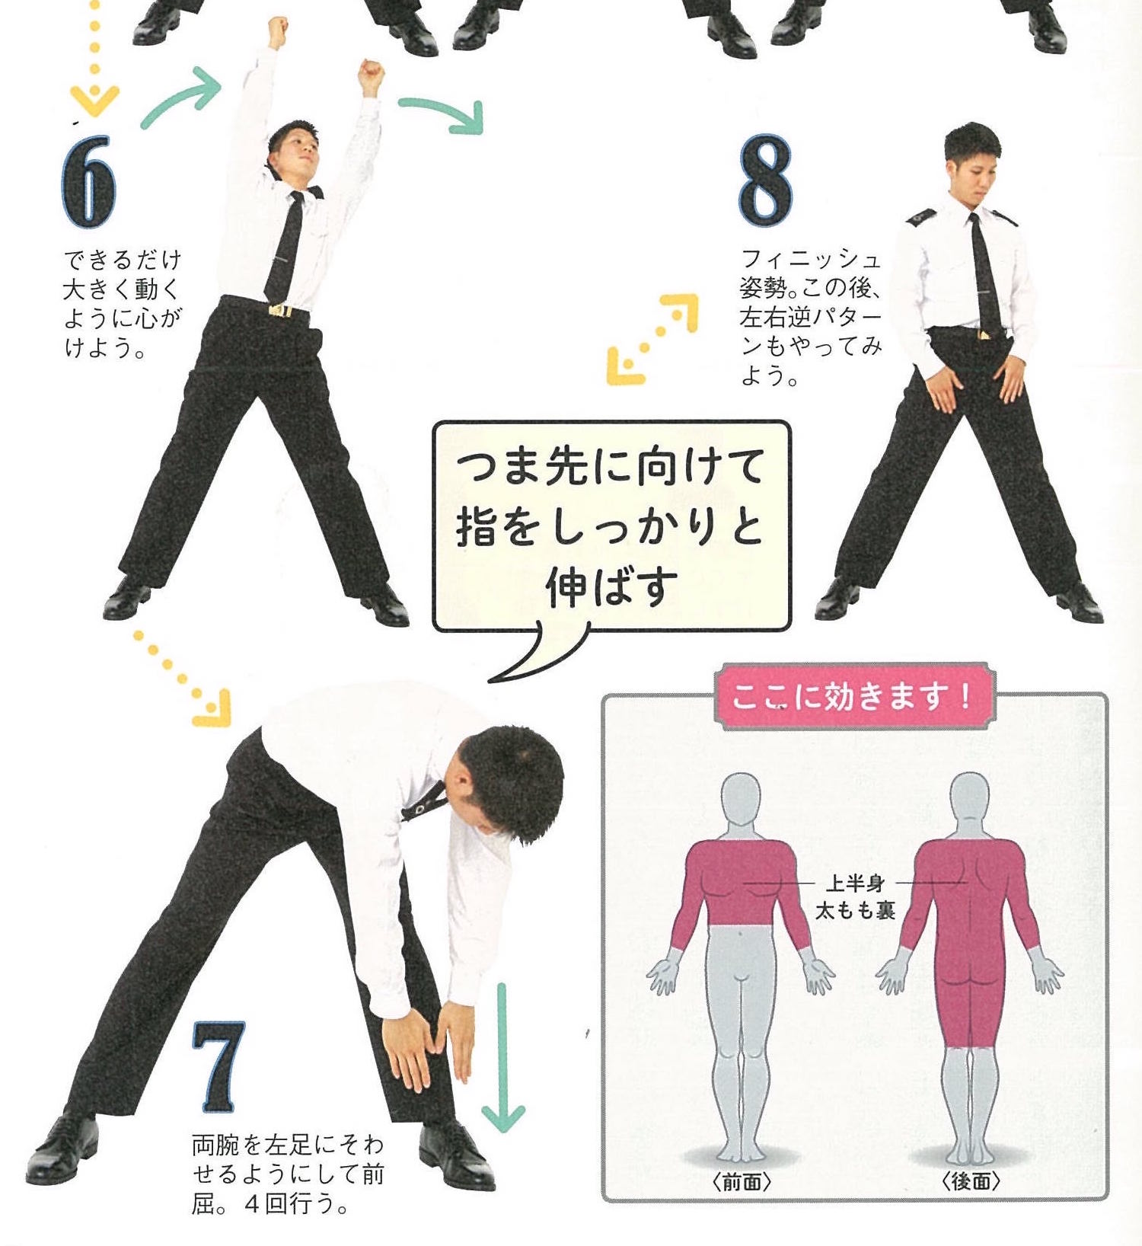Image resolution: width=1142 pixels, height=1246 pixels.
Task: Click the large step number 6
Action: [x=88, y=181]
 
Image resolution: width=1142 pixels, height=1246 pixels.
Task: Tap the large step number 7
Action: [x=219, y=1066]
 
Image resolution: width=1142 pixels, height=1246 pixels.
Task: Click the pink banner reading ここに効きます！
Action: [x=851, y=696]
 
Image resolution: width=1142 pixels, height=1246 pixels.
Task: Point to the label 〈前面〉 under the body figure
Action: [x=742, y=1181]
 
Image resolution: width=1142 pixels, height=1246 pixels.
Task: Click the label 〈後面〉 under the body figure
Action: [x=970, y=1181]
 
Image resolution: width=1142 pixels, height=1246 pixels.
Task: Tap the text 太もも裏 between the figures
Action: [x=855, y=909]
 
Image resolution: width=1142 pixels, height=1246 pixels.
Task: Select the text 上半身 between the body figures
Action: [x=855, y=883]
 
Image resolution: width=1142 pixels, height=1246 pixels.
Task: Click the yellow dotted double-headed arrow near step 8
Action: [x=652, y=339]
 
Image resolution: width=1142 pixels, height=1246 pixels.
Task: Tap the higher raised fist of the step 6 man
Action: [x=276, y=32]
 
